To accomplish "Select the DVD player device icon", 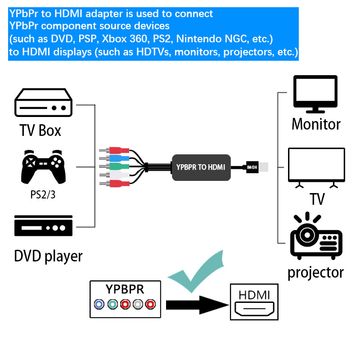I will (43, 225).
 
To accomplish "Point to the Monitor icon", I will (315, 94).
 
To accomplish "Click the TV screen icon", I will (316, 167).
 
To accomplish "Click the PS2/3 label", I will (43, 195).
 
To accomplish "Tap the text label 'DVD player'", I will (48, 256).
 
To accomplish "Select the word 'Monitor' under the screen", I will (316, 124).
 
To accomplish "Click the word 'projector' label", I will (315, 272).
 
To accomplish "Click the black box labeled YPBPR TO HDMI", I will (201, 167).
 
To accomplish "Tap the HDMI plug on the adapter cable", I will (257, 167).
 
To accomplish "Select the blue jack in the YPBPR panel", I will (99, 305).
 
